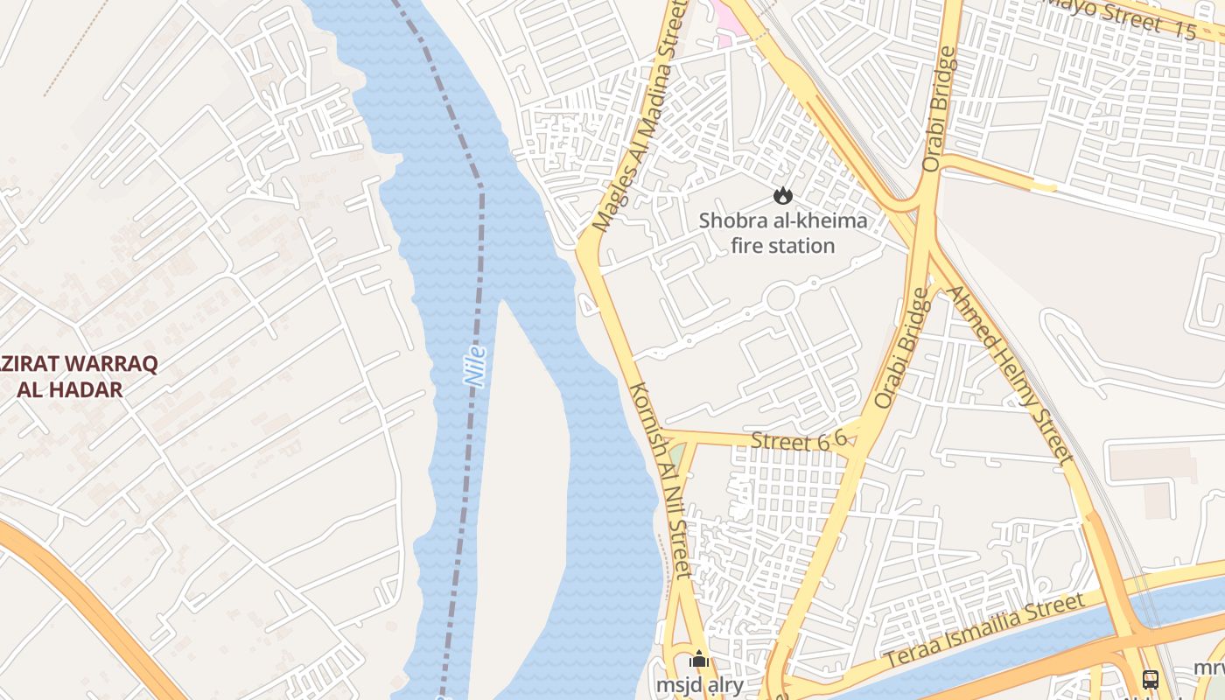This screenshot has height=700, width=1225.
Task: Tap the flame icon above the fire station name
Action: tap(783, 196)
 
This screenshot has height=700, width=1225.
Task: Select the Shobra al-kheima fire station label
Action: tap(783, 233)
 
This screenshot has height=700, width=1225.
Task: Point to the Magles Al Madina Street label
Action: tap(636, 118)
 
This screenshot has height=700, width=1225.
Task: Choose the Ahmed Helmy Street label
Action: tap(1010, 374)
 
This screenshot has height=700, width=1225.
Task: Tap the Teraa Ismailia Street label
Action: tap(983, 631)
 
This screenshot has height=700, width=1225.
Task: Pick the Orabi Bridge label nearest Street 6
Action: tap(900, 348)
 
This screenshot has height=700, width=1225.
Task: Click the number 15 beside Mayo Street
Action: tap(1185, 31)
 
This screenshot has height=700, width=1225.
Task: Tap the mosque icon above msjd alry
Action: tap(698, 660)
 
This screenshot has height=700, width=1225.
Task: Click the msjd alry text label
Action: tap(700, 685)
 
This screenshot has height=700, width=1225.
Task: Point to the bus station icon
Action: tap(1151, 679)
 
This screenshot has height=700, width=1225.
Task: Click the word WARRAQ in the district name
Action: tap(100, 364)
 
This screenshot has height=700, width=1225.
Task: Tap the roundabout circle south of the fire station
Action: tap(780, 298)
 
